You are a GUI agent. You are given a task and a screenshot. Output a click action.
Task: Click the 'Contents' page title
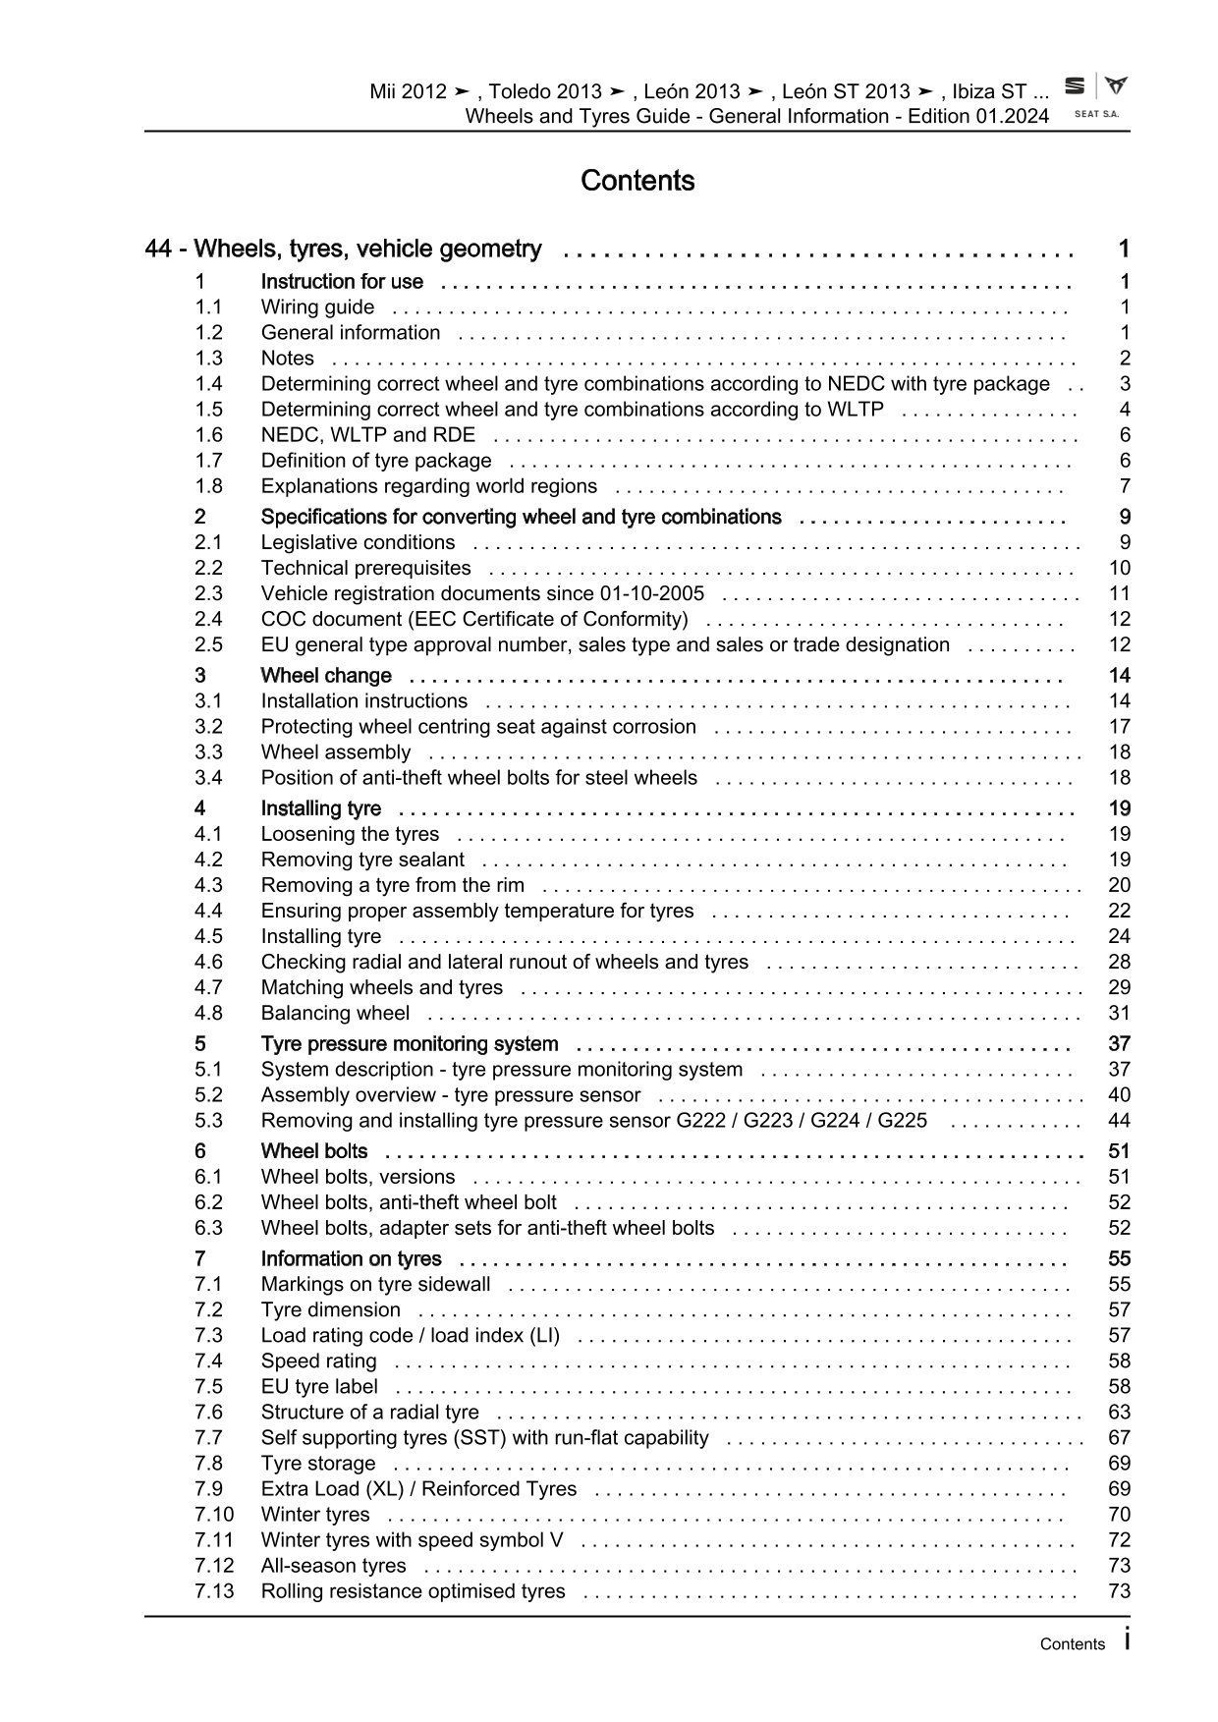point(637,181)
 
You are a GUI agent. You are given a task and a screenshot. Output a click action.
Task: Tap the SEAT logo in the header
point(1076,86)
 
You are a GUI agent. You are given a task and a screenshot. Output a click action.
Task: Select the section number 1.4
point(208,384)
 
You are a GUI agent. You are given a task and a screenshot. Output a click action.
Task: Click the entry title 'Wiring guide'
point(317,307)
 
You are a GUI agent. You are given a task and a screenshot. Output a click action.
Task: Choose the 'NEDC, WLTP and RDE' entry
point(367,435)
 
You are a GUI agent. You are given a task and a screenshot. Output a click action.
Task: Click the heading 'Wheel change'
point(326,676)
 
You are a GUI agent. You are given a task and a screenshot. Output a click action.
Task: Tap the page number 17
point(1119,727)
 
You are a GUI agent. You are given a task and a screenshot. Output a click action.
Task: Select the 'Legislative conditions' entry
point(358,542)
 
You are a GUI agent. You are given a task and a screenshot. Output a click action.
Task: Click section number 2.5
point(208,644)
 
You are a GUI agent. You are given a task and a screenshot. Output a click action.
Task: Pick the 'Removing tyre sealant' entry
point(362,860)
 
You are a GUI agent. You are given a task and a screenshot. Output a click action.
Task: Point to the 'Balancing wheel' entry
point(335,1013)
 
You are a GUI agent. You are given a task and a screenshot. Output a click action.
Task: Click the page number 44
point(1119,1121)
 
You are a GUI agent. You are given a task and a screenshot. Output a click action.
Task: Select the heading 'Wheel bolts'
point(314,1151)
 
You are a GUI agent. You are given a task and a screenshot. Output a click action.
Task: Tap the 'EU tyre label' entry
point(319,1386)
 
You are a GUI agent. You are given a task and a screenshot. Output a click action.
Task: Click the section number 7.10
point(214,1515)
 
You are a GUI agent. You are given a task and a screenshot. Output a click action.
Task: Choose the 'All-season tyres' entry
point(333,1566)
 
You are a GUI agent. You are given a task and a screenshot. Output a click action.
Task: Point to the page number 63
point(1119,1413)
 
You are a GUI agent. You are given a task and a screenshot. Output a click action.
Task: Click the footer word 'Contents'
point(1073,1644)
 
